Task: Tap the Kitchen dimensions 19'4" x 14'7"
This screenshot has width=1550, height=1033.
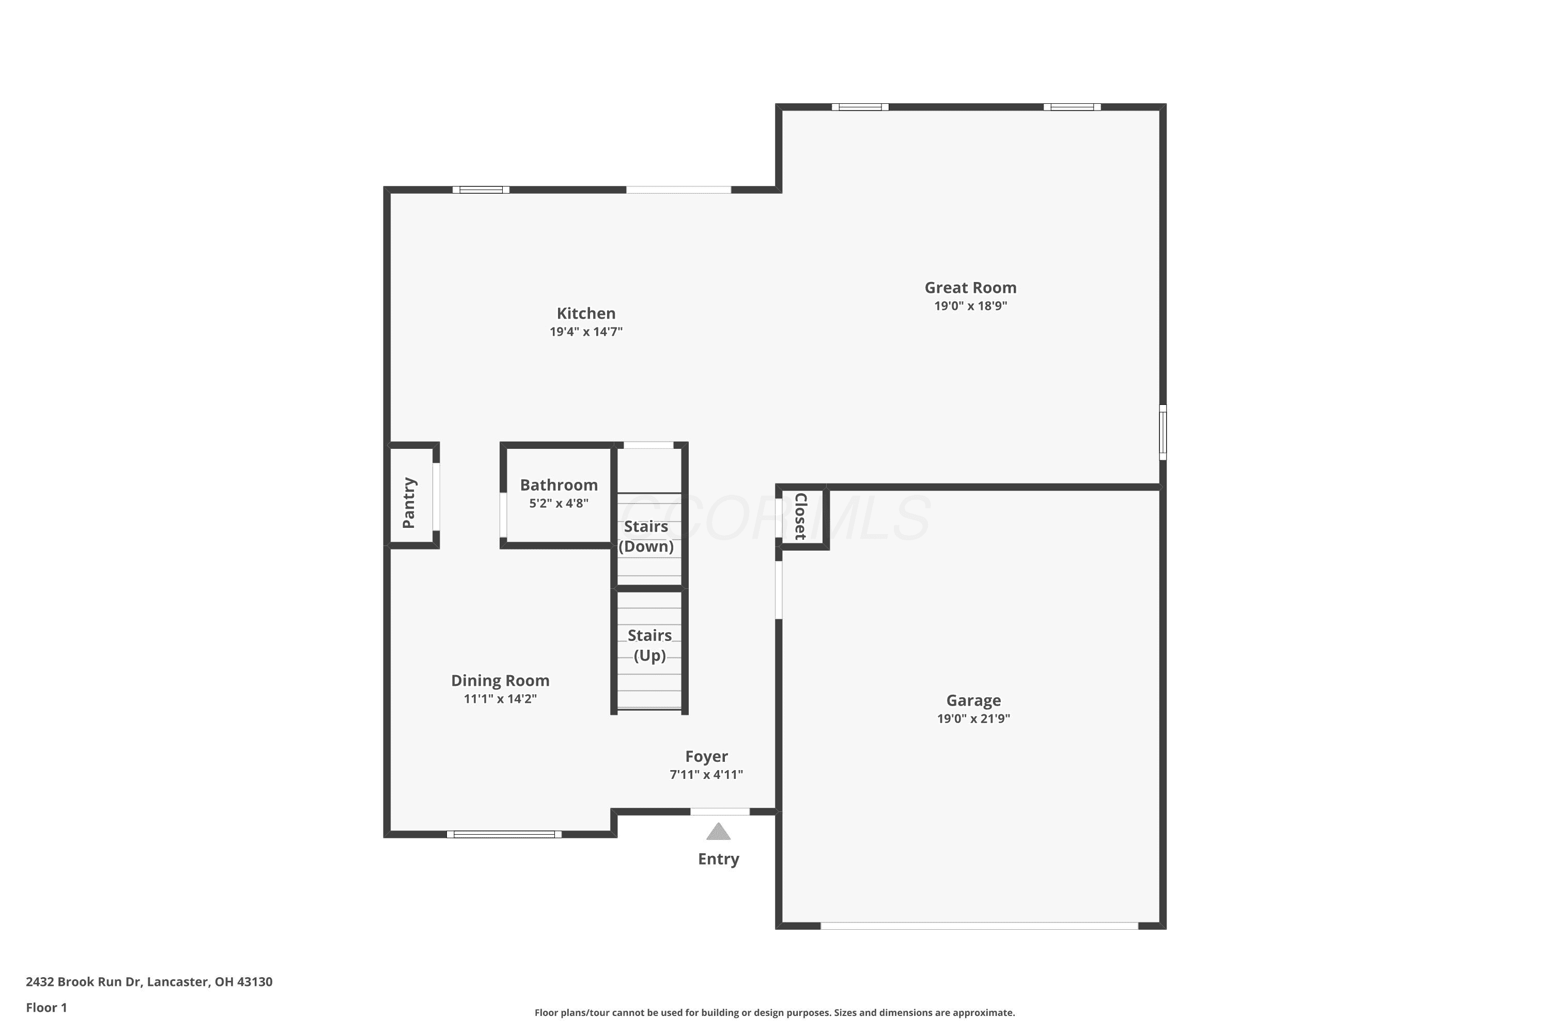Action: point(586,332)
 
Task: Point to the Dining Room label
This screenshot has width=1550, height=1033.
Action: point(500,681)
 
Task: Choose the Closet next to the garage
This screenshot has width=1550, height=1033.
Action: point(802,516)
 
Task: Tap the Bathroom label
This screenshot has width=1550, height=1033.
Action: point(559,485)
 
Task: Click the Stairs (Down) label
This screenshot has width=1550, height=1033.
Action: point(646,536)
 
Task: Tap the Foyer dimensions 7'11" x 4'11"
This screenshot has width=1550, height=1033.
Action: point(706,774)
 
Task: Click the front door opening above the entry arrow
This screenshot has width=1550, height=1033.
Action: point(720,811)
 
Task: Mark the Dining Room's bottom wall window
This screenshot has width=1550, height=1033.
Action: point(504,834)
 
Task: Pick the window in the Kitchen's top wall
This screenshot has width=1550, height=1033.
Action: point(481,190)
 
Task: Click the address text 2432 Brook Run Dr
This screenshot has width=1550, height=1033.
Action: point(84,982)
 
